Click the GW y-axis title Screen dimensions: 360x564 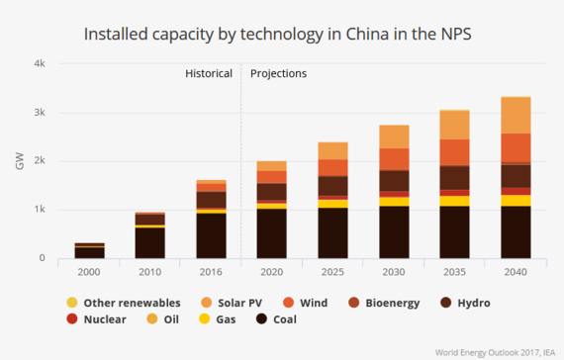pyautogui.click(x=19, y=161)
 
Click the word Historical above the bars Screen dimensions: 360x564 pyautogui.click(x=209, y=73)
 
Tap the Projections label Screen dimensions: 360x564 pyautogui.click(x=278, y=73)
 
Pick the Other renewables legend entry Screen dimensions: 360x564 pyautogui.click(x=126, y=302)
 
